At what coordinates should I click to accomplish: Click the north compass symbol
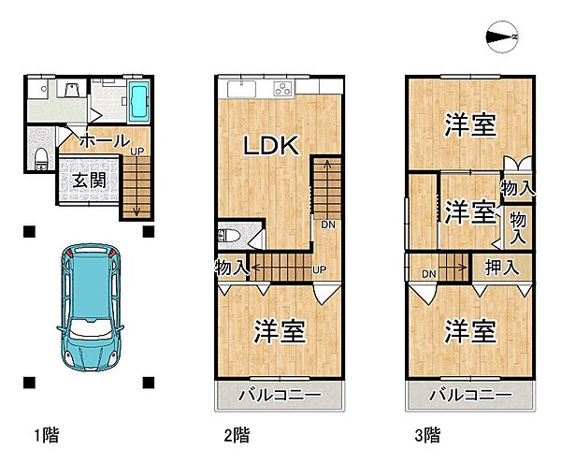click(x=501, y=36)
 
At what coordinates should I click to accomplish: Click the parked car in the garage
click(x=90, y=308)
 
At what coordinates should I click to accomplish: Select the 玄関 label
click(x=90, y=180)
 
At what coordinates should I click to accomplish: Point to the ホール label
click(x=105, y=140)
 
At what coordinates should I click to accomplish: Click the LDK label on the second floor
click(x=271, y=145)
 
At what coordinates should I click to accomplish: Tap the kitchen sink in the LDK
click(x=241, y=89)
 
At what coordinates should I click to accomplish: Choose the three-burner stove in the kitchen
click(x=283, y=89)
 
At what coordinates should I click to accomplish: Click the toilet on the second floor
click(x=229, y=236)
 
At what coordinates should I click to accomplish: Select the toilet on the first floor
click(x=41, y=159)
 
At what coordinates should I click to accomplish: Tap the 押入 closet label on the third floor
click(x=501, y=267)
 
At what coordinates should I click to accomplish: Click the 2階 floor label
click(x=237, y=435)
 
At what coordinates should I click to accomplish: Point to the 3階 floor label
click(x=427, y=435)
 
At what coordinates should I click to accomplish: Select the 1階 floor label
click(x=47, y=435)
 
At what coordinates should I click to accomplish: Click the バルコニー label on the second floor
click(x=280, y=395)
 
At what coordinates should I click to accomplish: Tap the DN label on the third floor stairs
click(x=428, y=274)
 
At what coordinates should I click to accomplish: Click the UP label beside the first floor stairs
click(x=137, y=152)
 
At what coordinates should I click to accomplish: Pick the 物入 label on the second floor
click(x=232, y=268)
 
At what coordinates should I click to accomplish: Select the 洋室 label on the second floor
click(x=280, y=331)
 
